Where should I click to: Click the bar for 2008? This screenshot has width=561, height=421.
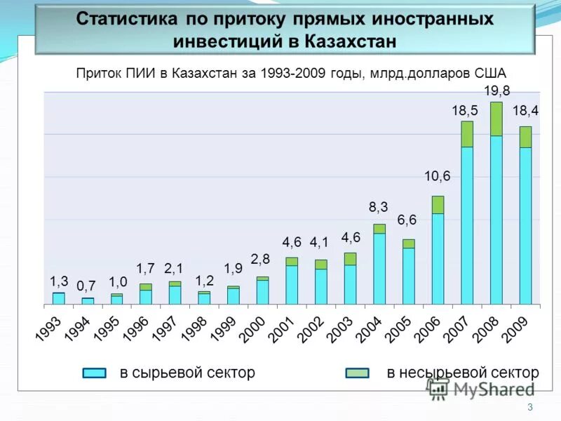tap(496, 210)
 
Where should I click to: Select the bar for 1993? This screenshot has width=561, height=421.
tap(58, 298)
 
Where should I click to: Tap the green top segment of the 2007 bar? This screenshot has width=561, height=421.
tap(466, 134)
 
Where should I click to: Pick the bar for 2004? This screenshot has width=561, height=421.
tap(379, 267)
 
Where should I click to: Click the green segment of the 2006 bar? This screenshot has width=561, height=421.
tap(438, 204)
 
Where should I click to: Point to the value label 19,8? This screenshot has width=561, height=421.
tap(496, 91)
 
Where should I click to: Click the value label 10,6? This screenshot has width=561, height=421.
tap(437, 176)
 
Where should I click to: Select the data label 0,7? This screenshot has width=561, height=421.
tap(86, 286)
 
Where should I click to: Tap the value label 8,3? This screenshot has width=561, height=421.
tap(379, 207)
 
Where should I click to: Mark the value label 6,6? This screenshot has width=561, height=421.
tap(407, 220)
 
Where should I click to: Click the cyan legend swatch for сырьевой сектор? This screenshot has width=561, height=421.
tap(95, 373)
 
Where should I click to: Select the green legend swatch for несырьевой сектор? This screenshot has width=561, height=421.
tap(358, 373)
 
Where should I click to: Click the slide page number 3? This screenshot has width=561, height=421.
tap(530, 408)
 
